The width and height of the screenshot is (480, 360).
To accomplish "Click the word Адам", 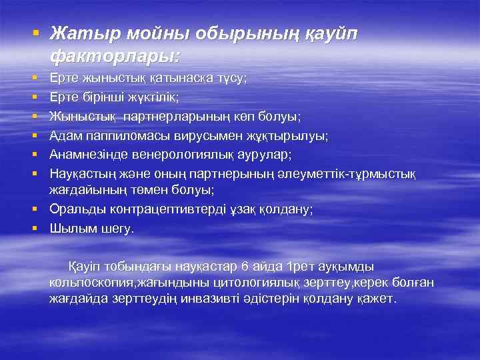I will click(64, 136).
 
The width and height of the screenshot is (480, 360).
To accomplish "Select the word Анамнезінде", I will click(87, 155).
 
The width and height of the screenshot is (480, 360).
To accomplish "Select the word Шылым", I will click(71, 228).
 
